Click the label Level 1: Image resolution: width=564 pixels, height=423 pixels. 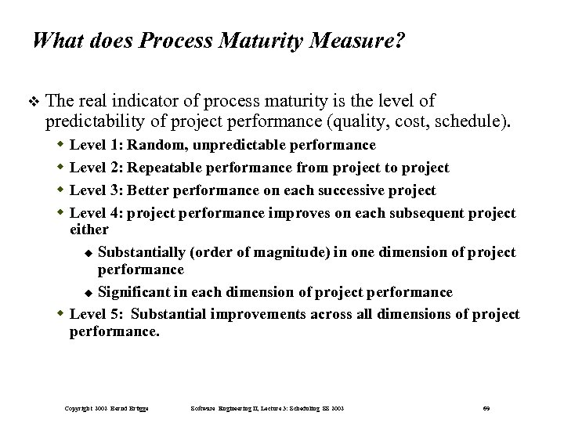[x=96, y=146]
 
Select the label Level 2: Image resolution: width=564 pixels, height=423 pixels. [x=96, y=168]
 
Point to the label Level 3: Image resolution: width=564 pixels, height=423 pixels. [x=96, y=190]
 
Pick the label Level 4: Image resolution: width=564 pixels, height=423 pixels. [x=96, y=213]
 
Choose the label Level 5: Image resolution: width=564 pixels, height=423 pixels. [x=96, y=314]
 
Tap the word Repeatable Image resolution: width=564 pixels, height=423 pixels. [x=164, y=168]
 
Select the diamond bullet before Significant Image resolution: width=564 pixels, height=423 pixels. [x=89, y=293]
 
